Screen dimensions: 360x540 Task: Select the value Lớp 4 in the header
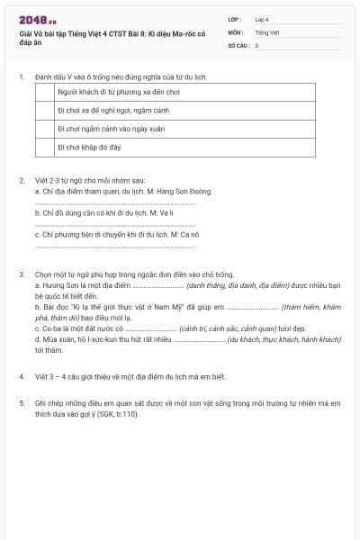[262, 18]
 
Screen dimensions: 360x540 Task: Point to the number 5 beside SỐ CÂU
[256, 44]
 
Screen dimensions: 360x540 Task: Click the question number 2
[22, 180]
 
